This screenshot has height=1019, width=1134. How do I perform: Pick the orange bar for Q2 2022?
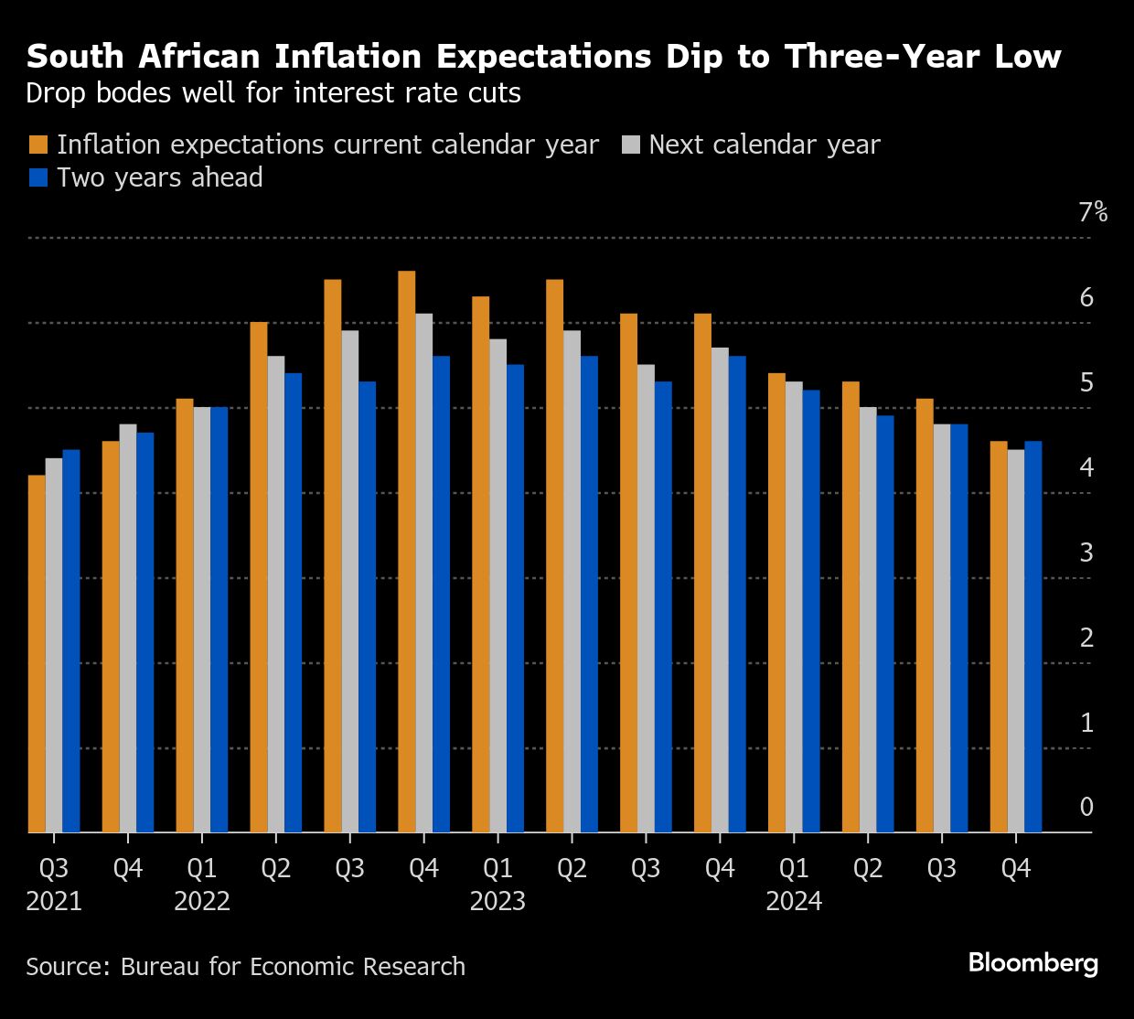coord(259,577)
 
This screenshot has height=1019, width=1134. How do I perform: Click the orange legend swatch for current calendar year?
coord(38,145)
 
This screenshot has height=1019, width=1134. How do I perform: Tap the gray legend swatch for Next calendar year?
coord(631,145)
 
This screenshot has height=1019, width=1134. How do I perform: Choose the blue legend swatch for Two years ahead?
coord(38,177)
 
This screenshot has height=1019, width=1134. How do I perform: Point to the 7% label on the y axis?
coord(1093,213)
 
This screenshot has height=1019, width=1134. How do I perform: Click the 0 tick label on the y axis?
coord(1086,807)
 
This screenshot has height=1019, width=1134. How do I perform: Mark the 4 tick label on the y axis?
coord(1086,467)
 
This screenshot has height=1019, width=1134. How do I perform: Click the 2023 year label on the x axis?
coord(497,901)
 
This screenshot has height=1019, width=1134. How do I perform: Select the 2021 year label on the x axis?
coord(54,901)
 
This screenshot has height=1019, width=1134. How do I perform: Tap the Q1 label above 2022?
coord(202,868)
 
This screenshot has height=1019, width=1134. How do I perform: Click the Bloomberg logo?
coord(1033,963)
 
